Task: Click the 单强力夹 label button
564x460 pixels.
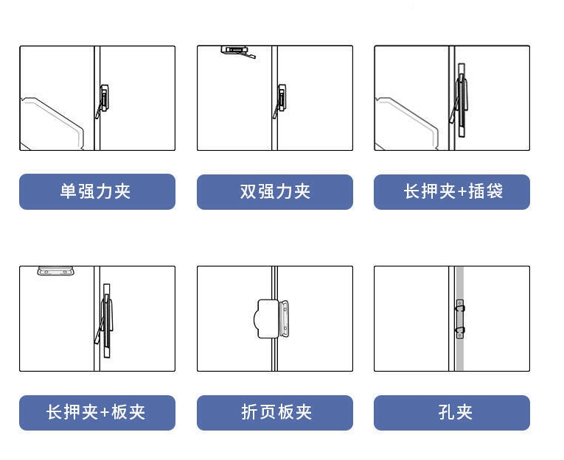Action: pyautogui.click(x=97, y=191)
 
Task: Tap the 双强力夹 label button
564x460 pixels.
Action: pyautogui.click(x=275, y=192)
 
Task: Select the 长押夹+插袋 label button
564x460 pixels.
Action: pyautogui.click(x=452, y=192)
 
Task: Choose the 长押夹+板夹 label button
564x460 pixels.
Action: pyautogui.click(x=97, y=413)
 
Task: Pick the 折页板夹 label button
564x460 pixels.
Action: pyautogui.click(x=275, y=413)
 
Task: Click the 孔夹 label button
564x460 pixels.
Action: pyautogui.click(x=452, y=413)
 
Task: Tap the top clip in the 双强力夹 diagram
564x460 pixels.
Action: pyautogui.click(x=237, y=52)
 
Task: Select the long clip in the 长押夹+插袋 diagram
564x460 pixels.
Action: pyautogui.click(x=461, y=101)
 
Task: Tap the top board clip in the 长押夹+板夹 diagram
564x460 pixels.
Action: pyautogui.click(x=55, y=271)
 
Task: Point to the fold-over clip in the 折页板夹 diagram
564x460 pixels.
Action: pyautogui.click(x=271, y=319)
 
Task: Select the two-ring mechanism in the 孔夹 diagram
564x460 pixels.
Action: pyautogui.click(x=460, y=319)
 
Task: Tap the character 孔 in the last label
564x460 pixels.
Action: pyautogui.click(x=446, y=412)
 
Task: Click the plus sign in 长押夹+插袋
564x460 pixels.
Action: pyautogui.click(x=462, y=192)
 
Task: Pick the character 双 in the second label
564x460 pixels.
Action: pyautogui.click(x=248, y=191)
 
